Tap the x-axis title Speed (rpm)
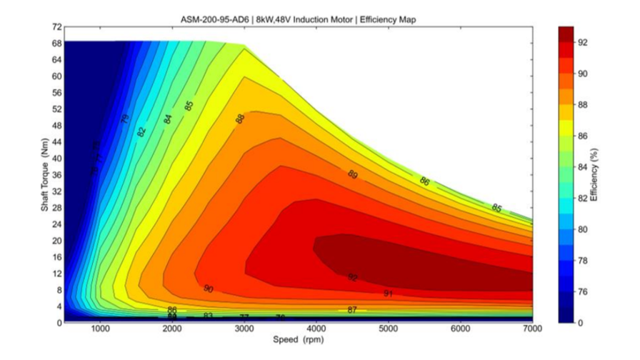299,340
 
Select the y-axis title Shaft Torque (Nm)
45,175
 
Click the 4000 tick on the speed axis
317,329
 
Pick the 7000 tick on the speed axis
532,329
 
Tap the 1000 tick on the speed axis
101,329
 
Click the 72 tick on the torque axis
56,27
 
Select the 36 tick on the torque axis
56,174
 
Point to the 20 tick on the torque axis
56,241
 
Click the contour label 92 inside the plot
352,277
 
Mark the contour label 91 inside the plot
388,293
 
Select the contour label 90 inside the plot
208,289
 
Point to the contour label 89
352,174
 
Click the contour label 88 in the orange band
240,118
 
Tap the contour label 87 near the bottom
352,310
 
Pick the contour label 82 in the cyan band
141,132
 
